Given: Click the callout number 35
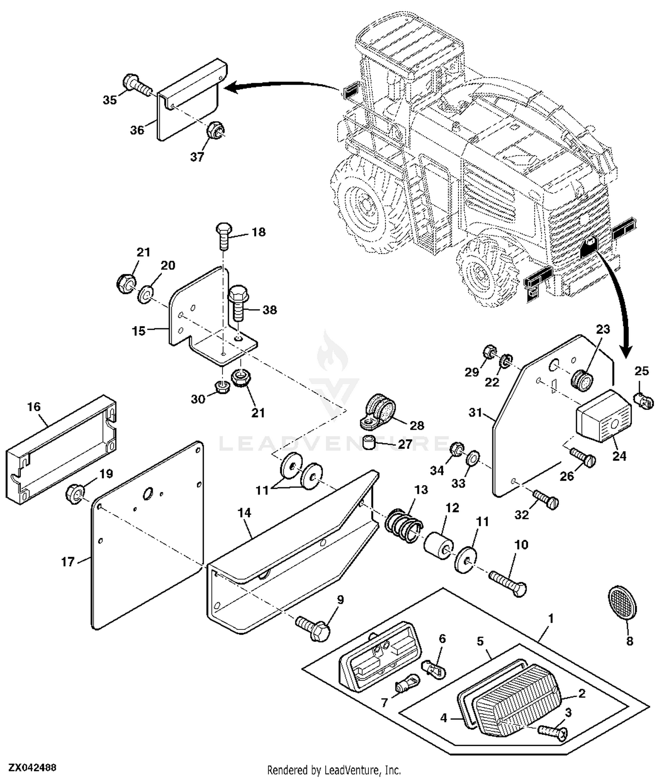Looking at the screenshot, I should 109,100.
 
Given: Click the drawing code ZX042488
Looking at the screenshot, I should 32,768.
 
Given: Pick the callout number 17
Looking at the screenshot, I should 67,562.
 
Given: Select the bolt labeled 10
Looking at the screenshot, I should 508,582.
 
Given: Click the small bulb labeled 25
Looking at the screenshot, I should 644,400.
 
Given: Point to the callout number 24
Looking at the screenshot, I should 619,456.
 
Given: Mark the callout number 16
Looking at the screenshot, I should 34,407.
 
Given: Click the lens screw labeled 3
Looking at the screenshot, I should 553,731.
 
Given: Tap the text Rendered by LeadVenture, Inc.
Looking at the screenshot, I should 334,770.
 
